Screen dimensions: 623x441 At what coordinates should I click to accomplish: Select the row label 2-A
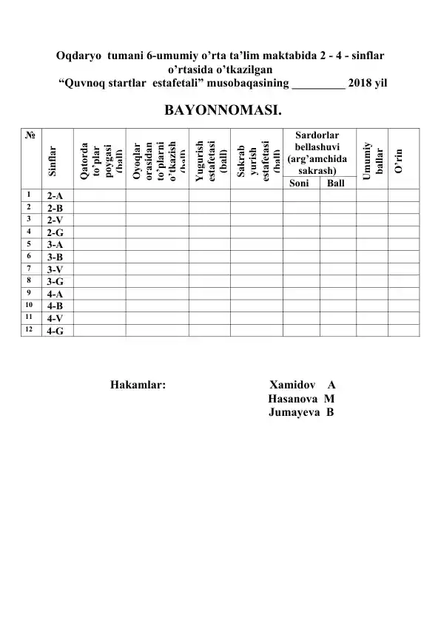coord(54,196)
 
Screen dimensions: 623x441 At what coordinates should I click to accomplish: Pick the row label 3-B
coord(54,257)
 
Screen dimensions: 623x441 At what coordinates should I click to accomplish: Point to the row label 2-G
coord(54,232)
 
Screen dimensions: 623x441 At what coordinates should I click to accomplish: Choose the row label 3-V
coord(54,269)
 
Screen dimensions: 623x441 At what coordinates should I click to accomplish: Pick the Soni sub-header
coord(300,183)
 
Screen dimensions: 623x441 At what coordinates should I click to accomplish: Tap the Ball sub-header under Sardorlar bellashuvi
coord(336,183)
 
